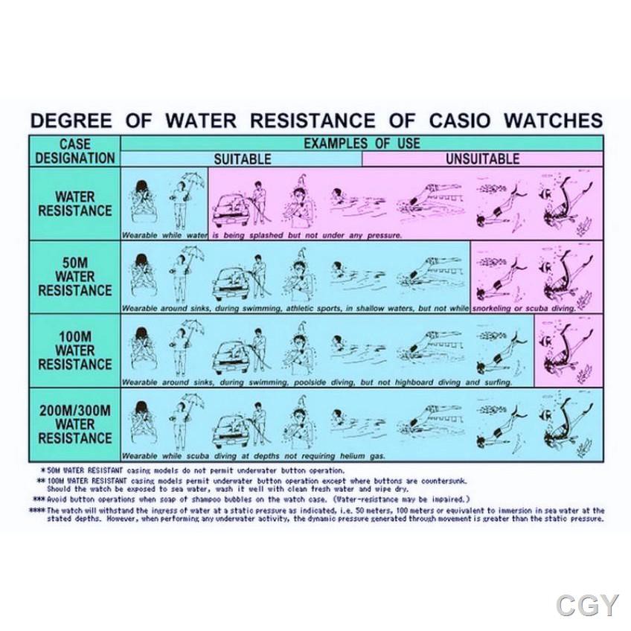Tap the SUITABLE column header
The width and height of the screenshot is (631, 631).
pyautogui.click(x=242, y=158)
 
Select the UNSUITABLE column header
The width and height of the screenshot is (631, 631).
pyautogui.click(x=482, y=158)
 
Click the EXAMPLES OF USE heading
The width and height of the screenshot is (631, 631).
pyautogui.click(x=362, y=143)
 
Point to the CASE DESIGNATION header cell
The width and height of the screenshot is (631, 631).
pyautogui.click(x=74, y=150)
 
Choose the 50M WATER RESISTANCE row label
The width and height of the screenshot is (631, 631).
pyautogui.click(x=74, y=277)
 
